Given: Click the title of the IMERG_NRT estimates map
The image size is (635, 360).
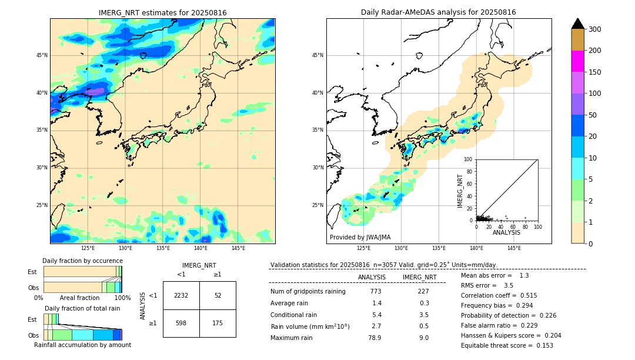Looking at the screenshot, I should click(162, 12).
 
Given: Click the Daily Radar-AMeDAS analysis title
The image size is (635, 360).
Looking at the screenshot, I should click(439, 12).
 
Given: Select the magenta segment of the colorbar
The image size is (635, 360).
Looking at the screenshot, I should click(577, 61).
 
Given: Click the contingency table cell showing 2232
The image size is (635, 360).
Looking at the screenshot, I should click(181, 295).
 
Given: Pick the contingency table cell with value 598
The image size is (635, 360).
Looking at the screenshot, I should click(181, 323).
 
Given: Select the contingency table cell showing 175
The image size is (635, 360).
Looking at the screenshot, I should click(218, 323).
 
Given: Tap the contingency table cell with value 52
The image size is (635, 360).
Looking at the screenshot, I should click(218, 295).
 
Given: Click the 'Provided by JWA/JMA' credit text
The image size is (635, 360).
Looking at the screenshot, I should click(360, 237).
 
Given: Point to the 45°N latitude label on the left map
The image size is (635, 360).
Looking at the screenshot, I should click(42, 55).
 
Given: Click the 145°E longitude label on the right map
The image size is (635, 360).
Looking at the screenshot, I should click(514, 248).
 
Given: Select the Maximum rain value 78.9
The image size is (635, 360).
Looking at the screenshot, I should click(375, 338).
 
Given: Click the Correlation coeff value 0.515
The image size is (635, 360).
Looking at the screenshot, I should click(524, 295).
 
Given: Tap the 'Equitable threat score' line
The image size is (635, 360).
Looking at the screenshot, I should click(507, 345).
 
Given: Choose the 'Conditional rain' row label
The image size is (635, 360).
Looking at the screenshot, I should click(293, 315).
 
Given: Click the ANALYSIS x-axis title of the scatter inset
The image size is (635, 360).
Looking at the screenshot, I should click(506, 232).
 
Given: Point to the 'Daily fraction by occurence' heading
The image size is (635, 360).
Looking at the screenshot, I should click(82, 261).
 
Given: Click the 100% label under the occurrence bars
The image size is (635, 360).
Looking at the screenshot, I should click(122, 298).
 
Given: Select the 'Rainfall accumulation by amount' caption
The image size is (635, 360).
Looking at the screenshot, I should click(82, 345).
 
